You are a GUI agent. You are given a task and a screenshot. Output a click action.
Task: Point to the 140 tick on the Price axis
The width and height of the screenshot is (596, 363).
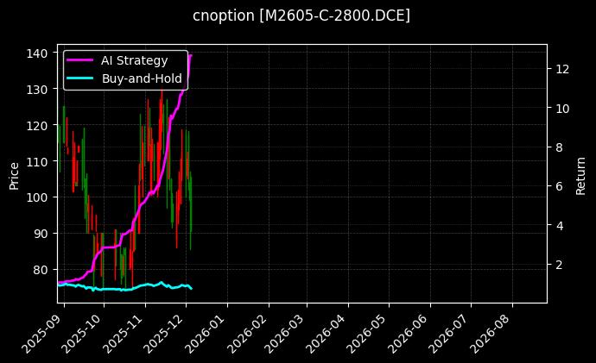point(40,53)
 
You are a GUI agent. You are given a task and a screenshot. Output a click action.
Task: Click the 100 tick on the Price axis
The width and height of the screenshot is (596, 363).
point(40,197)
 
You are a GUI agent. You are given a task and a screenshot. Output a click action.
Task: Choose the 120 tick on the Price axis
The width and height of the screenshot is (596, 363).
point(40,126)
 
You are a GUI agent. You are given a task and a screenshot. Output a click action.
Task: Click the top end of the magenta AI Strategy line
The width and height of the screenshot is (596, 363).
point(191,55)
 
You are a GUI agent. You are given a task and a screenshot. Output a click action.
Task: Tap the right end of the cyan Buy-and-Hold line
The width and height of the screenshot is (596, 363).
point(192,288)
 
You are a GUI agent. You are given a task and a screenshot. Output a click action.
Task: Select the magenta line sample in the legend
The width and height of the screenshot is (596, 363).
point(79,59)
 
